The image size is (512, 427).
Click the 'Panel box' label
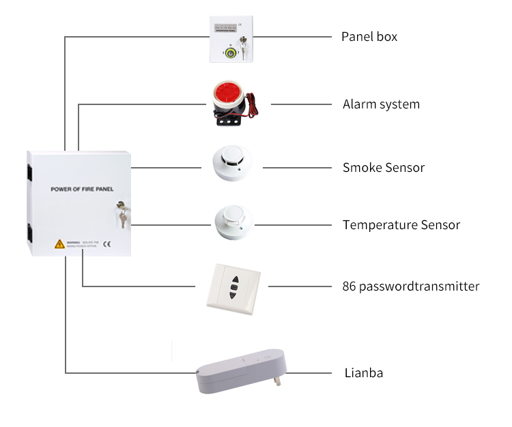(x=369, y=36)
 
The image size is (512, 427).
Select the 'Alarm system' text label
(x=381, y=104)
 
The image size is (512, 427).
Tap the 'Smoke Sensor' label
(x=383, y=167)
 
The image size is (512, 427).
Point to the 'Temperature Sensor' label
(x=401, y=224)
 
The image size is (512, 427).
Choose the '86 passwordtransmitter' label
(x=410, y=286)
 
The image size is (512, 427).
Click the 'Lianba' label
(x=362, y=373)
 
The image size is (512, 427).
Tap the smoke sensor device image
(x=232, y=164)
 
